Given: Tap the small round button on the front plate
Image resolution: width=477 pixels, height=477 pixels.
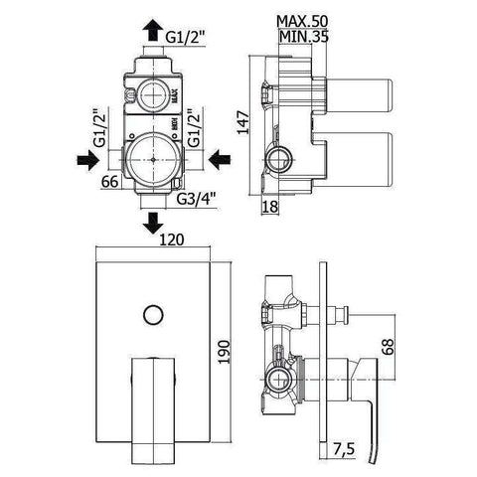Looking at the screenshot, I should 151,316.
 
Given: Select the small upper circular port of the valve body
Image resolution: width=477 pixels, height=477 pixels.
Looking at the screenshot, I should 154,94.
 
